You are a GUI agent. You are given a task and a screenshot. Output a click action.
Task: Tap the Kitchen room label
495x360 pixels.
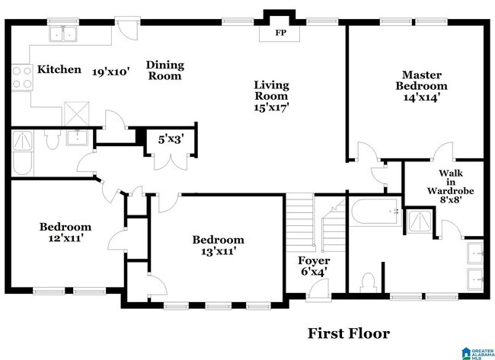59,69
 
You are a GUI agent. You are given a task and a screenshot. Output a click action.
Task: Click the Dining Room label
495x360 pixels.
164,70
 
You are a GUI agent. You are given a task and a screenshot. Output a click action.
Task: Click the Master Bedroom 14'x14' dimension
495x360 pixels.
423,97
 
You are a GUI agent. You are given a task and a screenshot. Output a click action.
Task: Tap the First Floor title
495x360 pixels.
349,333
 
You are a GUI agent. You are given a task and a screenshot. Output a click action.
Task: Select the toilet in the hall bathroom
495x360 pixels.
52,140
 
